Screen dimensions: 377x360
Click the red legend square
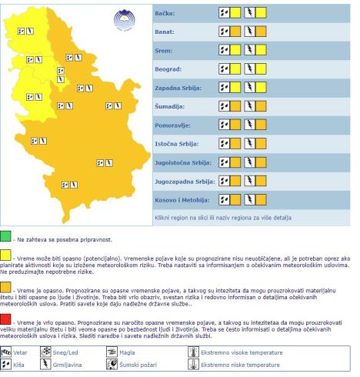(6, 318)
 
